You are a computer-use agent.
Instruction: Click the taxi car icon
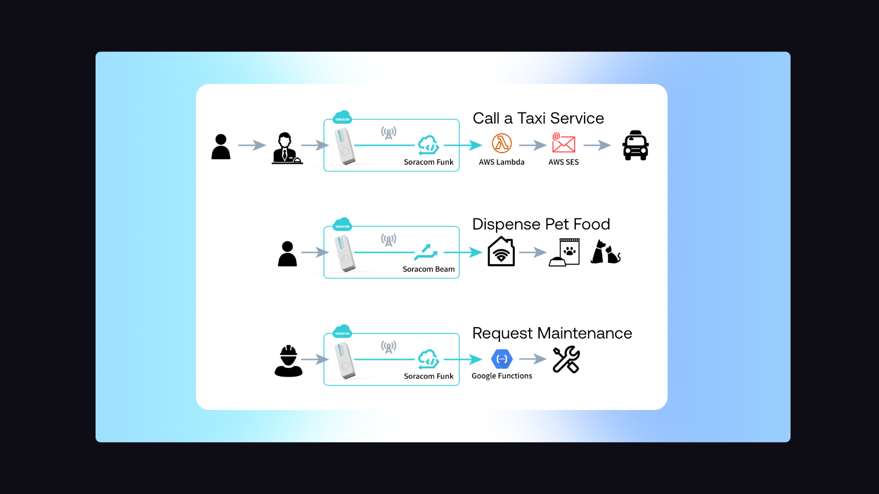pos(635,145)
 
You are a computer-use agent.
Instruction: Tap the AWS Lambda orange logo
pos(502,144)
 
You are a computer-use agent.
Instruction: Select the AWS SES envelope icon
pos(563,143)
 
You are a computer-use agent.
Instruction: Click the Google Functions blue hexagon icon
pos(502,359)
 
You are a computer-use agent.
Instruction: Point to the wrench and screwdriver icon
pos(566,360)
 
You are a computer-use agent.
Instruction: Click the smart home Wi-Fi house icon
pos(501,252)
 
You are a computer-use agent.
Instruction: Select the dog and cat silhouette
pos(605,252)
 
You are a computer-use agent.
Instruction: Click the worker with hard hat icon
pos(288,361)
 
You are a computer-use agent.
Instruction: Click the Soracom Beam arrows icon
pos(426,252)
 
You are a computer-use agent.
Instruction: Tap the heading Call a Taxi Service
pos(538,118)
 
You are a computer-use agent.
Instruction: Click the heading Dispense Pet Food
pos(541,224)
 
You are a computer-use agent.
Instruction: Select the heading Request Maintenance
pos(552,333)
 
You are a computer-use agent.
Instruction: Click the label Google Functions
pos(502,376)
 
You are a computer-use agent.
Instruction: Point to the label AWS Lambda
pos(502,162)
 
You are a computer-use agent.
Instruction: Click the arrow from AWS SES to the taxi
pos(597,145)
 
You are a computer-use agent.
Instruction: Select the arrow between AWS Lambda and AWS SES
pos(532,145)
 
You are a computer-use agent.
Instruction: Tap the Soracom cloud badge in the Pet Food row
pos(342,224)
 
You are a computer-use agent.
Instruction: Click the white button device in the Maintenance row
pos(345,360)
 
